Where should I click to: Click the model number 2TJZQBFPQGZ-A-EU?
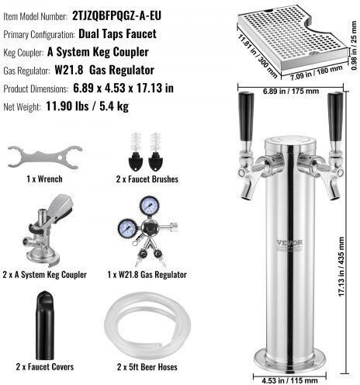[116, 16]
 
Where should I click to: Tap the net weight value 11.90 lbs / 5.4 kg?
[87, 106]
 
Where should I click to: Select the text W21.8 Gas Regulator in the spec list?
[105, 70]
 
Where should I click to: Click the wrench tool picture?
[45, 158]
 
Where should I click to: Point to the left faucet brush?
[136, 152]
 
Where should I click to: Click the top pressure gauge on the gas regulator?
[149, 206]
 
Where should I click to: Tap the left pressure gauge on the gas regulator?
[127, 228]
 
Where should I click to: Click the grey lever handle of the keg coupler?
[60, 207]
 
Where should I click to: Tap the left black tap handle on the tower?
[245, 116]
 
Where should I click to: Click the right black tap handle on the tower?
[335, 116]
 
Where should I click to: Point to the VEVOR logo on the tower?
[289, 243]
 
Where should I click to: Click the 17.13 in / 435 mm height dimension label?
[341, 267]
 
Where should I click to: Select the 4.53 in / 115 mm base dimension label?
[289, 380]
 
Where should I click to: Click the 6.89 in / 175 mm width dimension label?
[291, 92]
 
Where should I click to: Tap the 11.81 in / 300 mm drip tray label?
[258, 56]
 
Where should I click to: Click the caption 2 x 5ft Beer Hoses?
[147, 367]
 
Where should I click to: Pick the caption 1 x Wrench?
[44, 179]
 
